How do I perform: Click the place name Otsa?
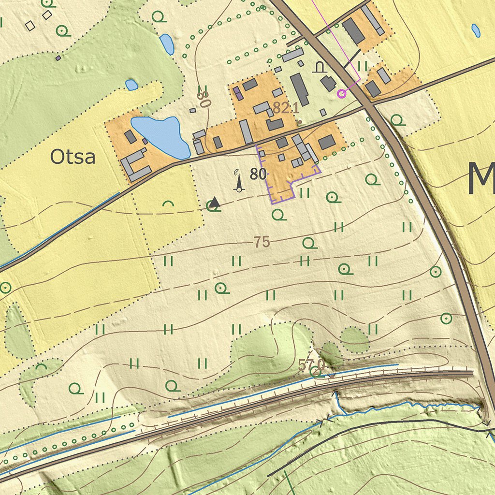pyautogui.click(x=73, y=157)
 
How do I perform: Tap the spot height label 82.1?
pyautogui.click(x=285, y=108)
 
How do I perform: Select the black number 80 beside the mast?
pyautogui.click(x=258, y=175)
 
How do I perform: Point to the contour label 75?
pyautogui.click(x=262, y=242)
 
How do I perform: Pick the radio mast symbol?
pyautogui.click(x=238, y=180)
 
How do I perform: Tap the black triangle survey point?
pyautogui.click(x=215, y=203)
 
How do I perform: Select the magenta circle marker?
pyautogui.click(x=342, y=93)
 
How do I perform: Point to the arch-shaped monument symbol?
pyautogui.click(x=319, y=67)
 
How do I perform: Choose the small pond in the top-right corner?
pyautogui.click(x=476, y=30)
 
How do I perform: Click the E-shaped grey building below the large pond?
pyautogui.click(x=134, y=165)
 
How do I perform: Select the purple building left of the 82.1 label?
pyautogui.click(x=237, y=93)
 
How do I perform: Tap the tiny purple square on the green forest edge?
pyautogui.click(x=58, y=58)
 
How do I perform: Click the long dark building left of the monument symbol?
pyautogui.click(x=300, y=89)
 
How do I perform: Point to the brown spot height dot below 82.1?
pyautogui.click(x=299, y=122)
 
